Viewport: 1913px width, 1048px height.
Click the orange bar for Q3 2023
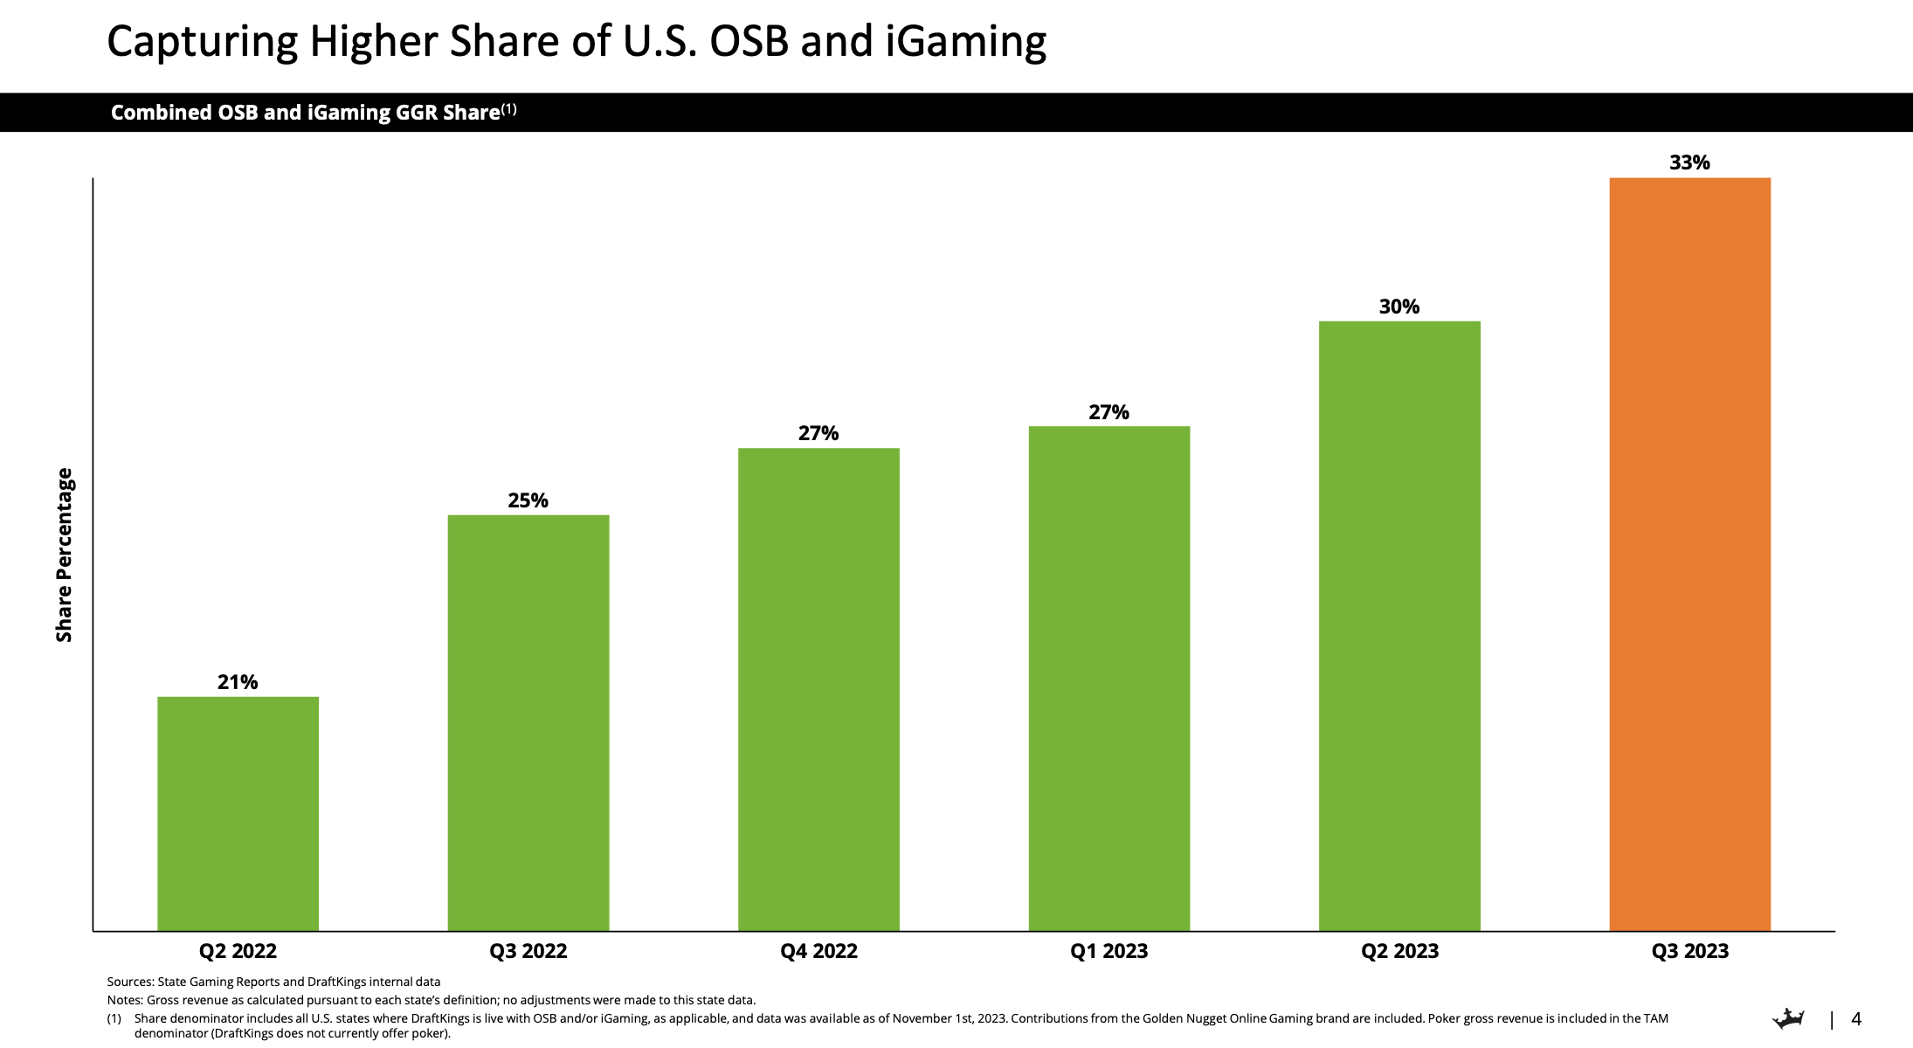(1689, 555)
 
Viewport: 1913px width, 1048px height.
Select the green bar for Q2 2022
(238, 813)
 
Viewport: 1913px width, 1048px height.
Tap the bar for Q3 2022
(528, 722)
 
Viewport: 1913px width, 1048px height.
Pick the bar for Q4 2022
(818, 689)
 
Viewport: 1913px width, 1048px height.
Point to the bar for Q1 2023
(1108, 678)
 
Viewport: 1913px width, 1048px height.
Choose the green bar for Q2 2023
(1399, 625)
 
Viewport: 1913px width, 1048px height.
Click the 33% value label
(1689, 162)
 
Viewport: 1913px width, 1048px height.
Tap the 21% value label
(238, 682)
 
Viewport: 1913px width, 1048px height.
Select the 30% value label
(1399, 307)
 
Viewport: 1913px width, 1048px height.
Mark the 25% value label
(528, 500)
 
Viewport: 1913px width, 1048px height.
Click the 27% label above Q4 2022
(818, 433)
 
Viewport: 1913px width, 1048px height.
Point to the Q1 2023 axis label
(1108, 951)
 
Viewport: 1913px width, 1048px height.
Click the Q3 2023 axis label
(1689, 951)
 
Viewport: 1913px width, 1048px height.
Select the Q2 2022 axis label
(238, 951)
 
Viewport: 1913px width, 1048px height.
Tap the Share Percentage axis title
(64, 555)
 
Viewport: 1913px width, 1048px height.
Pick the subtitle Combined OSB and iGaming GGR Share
(306, 113)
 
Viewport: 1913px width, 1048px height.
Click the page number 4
(1856, 1019)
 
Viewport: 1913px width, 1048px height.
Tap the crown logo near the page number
(1788, 1018)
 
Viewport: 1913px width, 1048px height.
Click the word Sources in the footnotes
(129, 982)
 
